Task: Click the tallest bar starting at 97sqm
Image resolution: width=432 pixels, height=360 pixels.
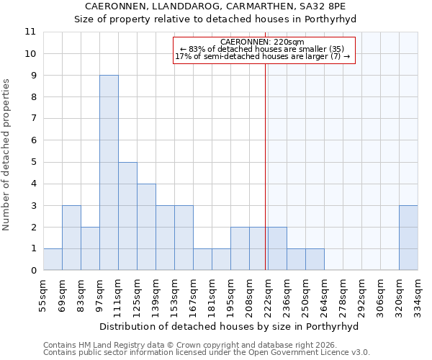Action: pos(109,173)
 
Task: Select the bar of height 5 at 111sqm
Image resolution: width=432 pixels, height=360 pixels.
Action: pos(127,216)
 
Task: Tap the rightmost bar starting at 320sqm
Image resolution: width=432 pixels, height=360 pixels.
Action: pos(408,238)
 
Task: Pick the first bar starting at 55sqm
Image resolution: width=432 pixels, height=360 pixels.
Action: pos(53,259)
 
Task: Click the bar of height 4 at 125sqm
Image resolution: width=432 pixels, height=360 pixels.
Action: pos(146,227)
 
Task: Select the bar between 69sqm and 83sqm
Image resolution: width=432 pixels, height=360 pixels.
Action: pos(71,238)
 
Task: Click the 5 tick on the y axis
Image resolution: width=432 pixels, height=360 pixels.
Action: pos(32,162)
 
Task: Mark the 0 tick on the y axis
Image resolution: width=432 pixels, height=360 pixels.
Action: pos(32,271)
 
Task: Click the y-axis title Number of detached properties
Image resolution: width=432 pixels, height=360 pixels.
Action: pos(6,155)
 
